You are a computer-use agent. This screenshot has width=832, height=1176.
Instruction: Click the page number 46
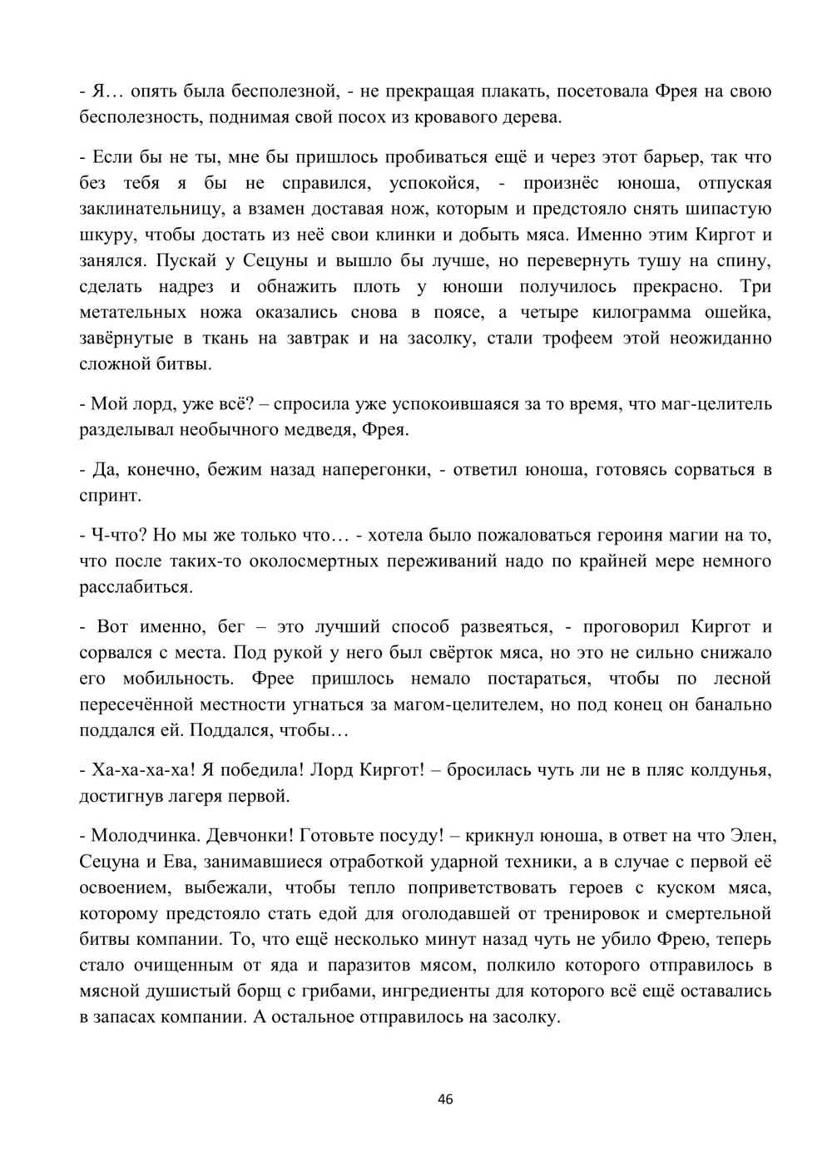pos(445,1099)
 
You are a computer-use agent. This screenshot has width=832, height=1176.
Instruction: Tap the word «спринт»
pos(109,496)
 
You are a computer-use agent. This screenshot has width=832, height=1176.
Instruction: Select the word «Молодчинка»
pos(142,835)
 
